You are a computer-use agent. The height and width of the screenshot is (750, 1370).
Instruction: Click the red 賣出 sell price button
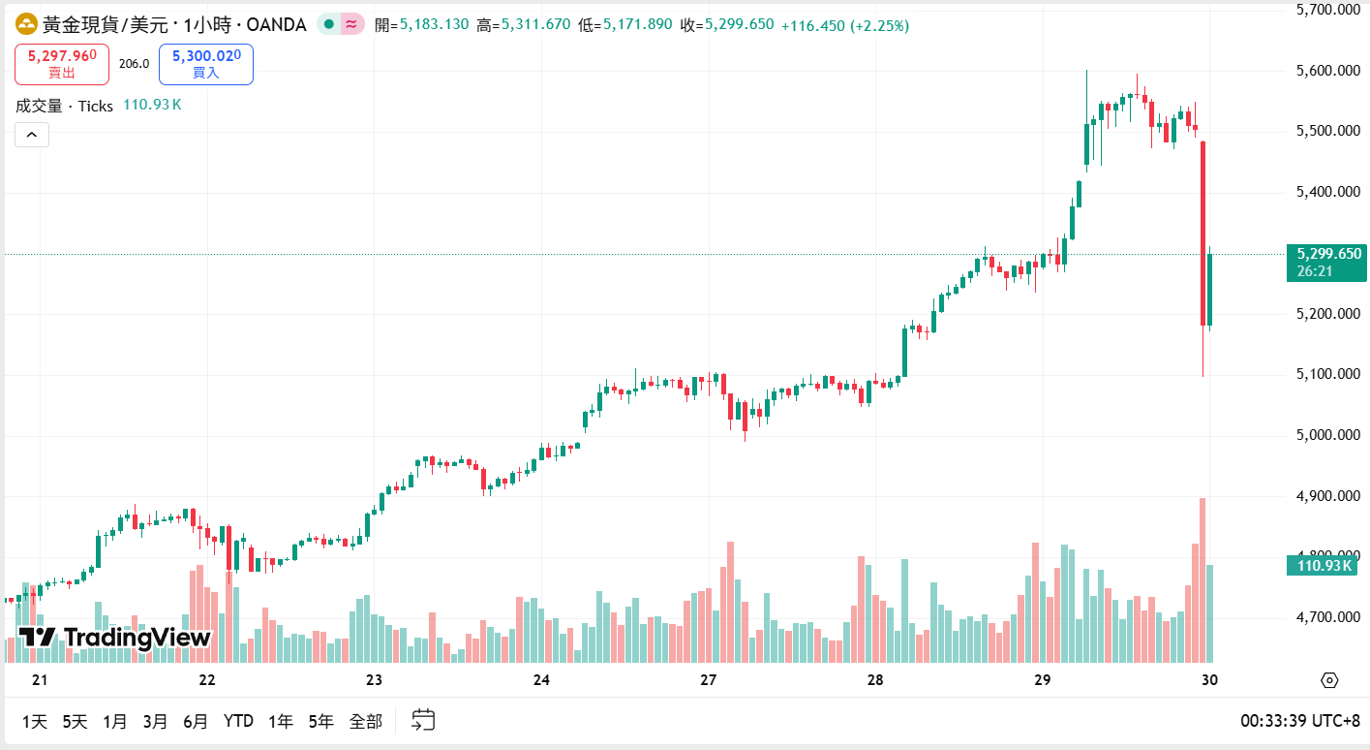(x=62, y=64)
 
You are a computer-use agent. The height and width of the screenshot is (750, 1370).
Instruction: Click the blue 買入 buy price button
(x=206, y=64)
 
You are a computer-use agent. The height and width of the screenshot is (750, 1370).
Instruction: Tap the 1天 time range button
(x=34, y=721)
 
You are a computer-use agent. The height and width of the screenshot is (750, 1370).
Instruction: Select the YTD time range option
(x=238, y=721)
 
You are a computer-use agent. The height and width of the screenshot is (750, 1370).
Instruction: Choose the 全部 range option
(x=366, y=721)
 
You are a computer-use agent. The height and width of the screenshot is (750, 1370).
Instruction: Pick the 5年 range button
(x=320, y=721)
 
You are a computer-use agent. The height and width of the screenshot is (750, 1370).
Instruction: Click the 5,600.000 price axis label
(x=1328, y=71)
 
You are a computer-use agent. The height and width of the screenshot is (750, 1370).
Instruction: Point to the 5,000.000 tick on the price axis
(x=1328, y=435)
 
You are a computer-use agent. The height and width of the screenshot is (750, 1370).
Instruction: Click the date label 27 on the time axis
(x=709, y=680)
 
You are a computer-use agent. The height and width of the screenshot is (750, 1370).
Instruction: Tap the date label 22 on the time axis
(x=206, y=680)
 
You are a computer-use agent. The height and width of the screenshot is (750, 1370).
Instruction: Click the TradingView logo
(x=114, y=638)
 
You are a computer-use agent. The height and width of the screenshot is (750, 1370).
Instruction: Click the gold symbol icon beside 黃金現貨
(x=26, y=24)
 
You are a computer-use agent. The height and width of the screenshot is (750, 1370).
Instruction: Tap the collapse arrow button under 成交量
(x=31, y=136)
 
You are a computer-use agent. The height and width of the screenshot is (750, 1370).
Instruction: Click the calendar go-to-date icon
(x=423, y=720)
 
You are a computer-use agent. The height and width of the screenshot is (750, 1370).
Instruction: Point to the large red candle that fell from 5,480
(x=1203, y=233)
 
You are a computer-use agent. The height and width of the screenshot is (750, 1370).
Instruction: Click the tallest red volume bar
(x=1203, y=579)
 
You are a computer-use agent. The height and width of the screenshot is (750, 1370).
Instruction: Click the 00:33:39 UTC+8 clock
(x=1299, y=721)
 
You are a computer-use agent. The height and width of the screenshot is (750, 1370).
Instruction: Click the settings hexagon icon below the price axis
(x=1328, y=680)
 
